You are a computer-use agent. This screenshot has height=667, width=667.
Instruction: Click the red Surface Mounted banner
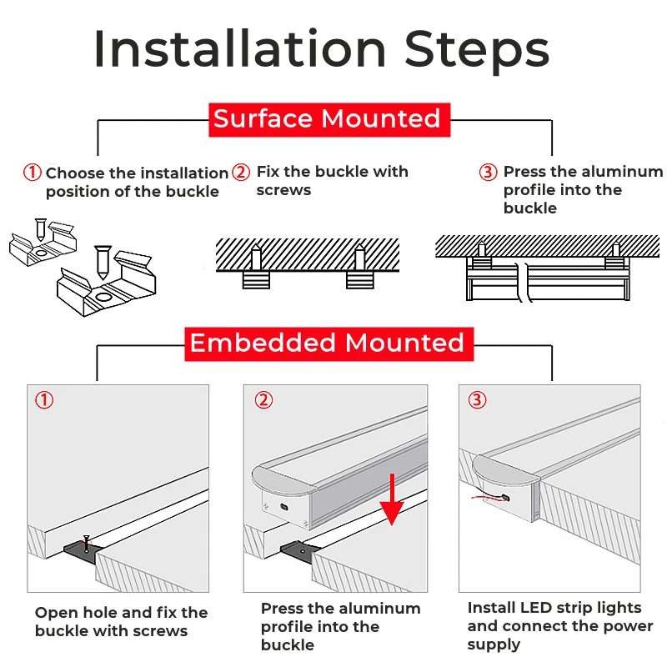(328, 119)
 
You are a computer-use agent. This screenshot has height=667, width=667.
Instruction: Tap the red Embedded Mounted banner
(328, 344)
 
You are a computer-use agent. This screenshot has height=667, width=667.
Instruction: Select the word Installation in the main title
(240, 49)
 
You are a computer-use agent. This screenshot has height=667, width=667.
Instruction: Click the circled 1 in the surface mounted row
(32, 173)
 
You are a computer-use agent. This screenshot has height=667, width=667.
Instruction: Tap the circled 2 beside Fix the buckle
(241, 173)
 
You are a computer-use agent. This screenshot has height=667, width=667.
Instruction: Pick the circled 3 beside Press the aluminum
(488, 173)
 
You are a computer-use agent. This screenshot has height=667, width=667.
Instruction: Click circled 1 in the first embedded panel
(44, 400)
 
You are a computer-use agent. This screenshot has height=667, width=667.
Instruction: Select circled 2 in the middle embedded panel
(263, 400)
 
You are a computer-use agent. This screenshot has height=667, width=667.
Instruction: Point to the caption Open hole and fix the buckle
(121, 622)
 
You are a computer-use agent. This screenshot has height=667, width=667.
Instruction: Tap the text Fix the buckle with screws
(332, 181)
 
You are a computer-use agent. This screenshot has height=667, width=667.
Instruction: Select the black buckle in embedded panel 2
(296, 550)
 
